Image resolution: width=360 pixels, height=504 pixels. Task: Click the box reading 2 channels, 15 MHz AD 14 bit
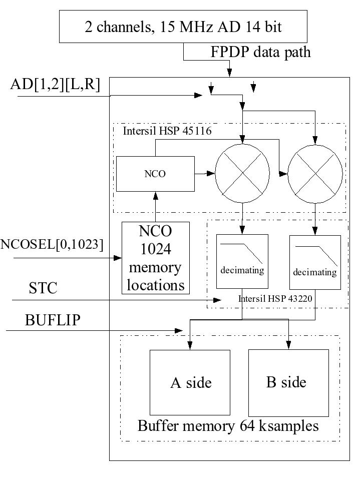(x=182, y=27)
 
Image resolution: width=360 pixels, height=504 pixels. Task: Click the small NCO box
(x=155, y=174)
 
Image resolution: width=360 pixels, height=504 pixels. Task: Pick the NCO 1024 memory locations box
(x=156, y=258)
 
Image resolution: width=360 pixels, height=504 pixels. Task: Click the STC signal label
(x=43, y=288)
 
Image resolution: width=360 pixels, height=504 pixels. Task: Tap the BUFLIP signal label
(x=53, y=320)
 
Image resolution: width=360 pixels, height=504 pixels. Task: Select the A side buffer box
(x=190, y=383)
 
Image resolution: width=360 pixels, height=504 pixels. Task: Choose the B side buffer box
(x=288, y=382)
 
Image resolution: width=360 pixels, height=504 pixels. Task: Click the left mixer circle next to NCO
(x=243, y=172)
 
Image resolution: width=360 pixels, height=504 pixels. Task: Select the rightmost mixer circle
(x=315, y=173)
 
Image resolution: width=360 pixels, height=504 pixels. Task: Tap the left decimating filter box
(x=242, y=261)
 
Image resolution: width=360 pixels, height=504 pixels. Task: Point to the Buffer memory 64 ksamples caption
(x=228, y=426)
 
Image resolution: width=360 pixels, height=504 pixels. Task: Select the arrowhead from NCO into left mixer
(x=211, y=174)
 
